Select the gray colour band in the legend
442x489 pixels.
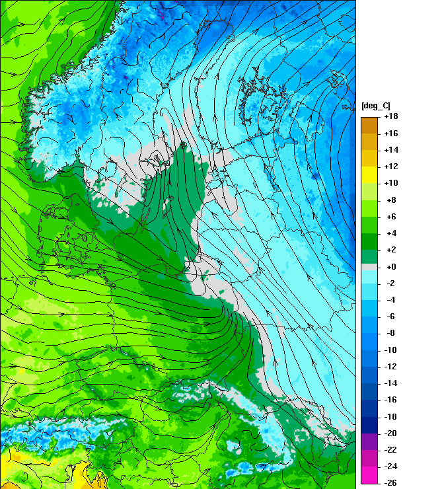pyautogui.click(x=369, y=266)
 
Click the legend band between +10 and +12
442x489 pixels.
pyautogui.click(x=369, y=174)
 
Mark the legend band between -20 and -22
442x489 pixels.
pyautogui.click(x=369, y=441)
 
